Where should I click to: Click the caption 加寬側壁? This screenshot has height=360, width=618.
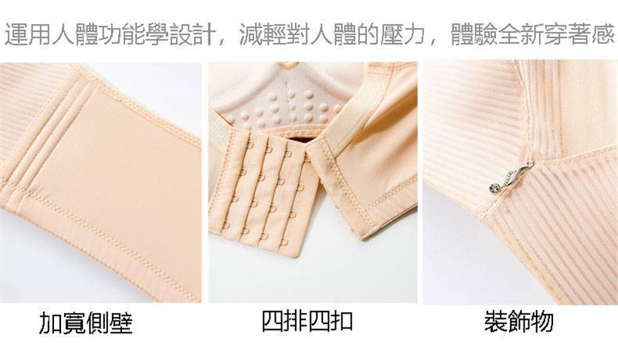(86, 324)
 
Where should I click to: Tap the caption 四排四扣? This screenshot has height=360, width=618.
(307, 321)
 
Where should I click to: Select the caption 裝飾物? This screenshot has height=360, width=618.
(519, 321)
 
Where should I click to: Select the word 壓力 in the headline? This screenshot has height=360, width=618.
(402, 34)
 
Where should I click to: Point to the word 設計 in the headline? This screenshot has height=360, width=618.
(192, 34)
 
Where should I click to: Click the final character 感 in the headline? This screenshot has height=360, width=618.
(603, 34)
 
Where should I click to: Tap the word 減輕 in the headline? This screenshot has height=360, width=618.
(262, 34)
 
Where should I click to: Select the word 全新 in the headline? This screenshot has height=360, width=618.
(521, 34)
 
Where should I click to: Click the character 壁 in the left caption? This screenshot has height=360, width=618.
(121, 324)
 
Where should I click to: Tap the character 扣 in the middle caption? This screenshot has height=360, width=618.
(341, 321)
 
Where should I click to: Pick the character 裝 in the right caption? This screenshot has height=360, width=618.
(496, 321)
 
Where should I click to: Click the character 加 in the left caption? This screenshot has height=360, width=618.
(50, 324)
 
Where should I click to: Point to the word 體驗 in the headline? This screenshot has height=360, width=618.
(474, 34)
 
